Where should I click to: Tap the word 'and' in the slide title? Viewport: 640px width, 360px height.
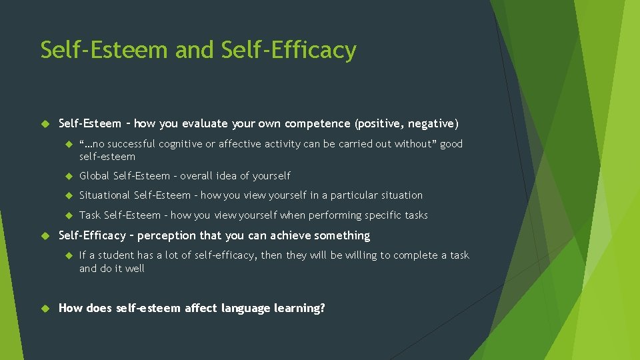[x=196, y=51]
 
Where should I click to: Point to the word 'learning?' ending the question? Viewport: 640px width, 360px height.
[x=299, y=308]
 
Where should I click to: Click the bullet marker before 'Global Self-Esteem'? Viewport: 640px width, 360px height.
[x=68, y=176]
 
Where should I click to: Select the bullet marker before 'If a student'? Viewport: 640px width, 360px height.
[x=68, y=255]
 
